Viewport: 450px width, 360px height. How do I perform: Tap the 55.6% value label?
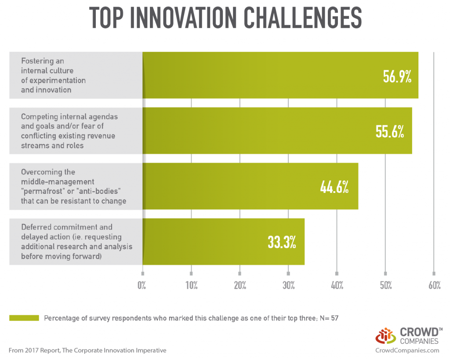(x=390, y=131)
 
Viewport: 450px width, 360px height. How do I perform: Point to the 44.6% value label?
(x=334, y=187)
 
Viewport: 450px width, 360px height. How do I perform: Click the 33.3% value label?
(x=282, y=242)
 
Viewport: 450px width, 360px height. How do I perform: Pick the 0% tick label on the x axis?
(x=142, y=286)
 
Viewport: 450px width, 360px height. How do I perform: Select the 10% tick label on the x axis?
(x=191, y=286)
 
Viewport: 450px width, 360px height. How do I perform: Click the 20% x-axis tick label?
(x=240, y=286)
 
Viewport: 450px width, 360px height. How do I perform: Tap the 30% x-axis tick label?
(x=288, y=286)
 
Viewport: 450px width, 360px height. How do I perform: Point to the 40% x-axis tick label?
(x=337, y=286)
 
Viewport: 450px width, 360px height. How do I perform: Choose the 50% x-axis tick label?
(x=385, y=286)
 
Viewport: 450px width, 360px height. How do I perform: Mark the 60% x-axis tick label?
(x=434, y=286)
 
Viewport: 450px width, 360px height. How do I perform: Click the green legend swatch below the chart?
(x=24, y=318)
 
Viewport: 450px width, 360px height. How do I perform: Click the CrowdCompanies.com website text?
(x=407, y=350)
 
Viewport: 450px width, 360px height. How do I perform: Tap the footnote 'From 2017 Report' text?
(x=87, y=350)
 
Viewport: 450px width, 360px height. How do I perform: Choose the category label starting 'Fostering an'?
(x=53, y=75)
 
